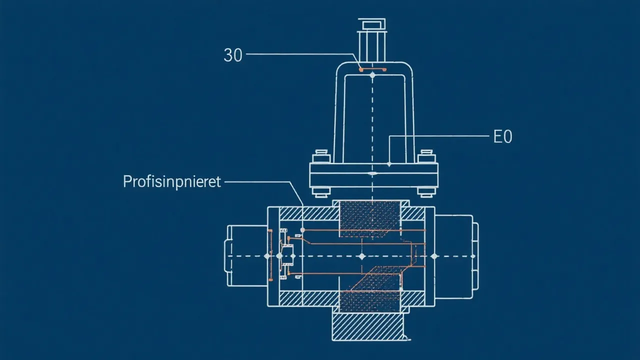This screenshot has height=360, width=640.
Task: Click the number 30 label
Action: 232,55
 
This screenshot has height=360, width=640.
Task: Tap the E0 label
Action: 502,136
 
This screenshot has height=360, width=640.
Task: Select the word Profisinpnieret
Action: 171,181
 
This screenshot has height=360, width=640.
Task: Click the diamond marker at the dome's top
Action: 373,75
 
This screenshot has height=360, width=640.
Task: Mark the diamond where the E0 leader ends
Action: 389,164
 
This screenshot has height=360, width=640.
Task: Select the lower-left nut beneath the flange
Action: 320,191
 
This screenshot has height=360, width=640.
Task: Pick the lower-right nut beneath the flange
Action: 426,191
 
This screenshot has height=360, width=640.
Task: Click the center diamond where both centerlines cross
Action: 362,256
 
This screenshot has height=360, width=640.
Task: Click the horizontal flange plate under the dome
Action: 373,175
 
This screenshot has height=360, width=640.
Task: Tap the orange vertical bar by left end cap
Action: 270,255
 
